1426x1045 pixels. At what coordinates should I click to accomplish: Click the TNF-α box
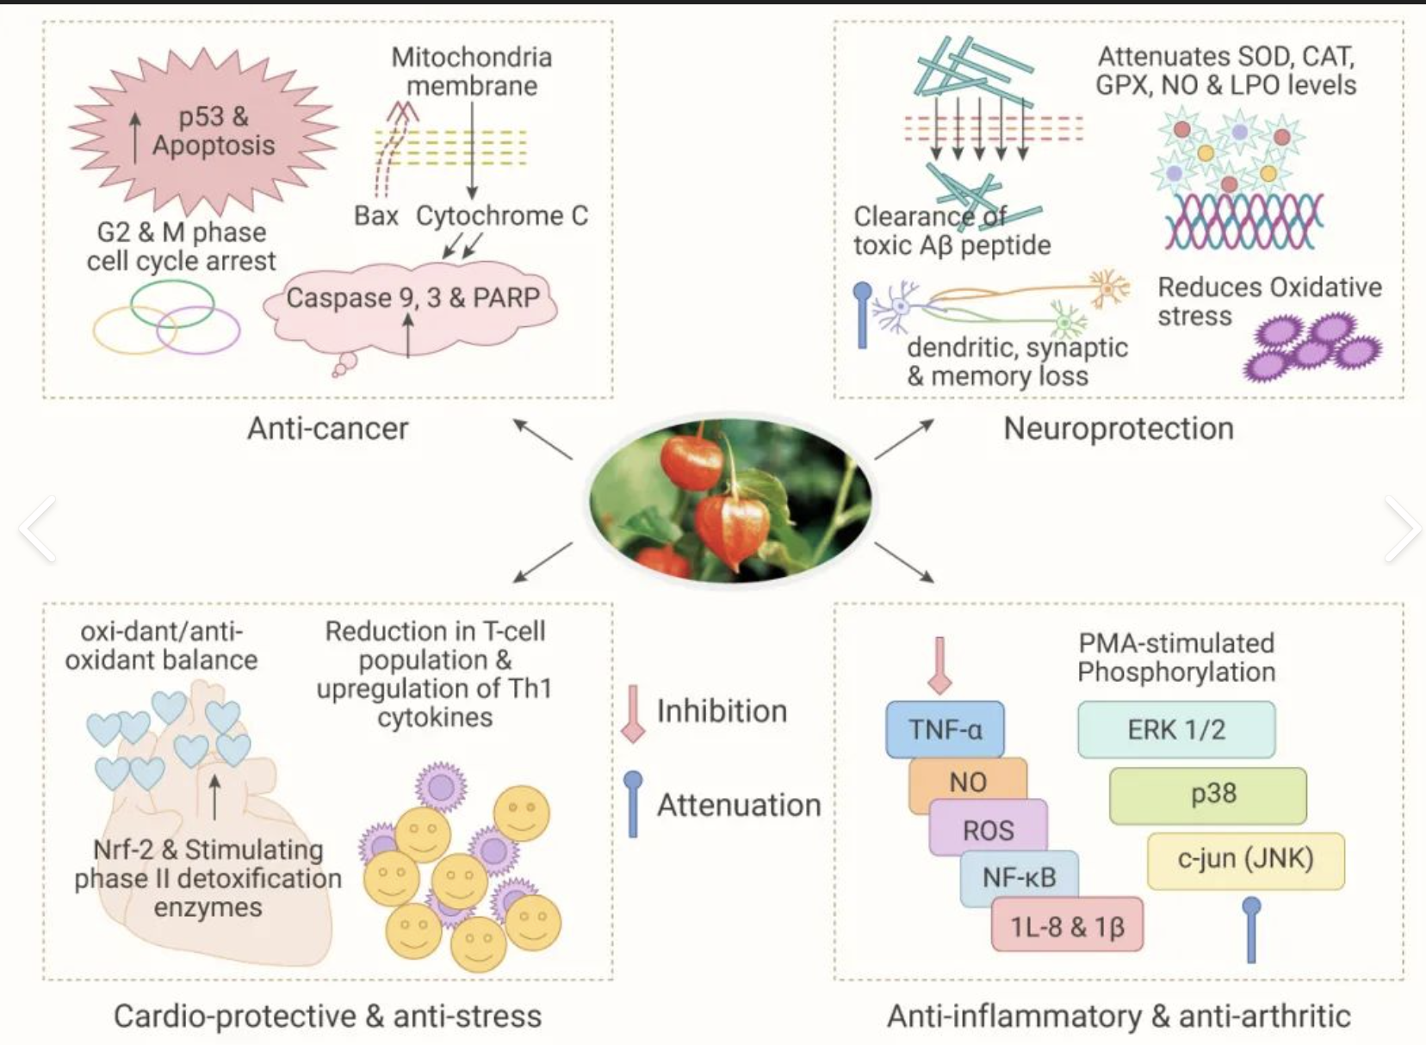pyautogui.click(x=945, y=729)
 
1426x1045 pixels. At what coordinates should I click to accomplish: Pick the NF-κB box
pyautogui.click(x=1019, y=877)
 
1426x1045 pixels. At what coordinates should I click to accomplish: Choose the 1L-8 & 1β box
pyautogui.click(x=1067, y=925)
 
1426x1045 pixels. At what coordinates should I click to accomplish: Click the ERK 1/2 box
pyautogui.click(x=1176, y=729)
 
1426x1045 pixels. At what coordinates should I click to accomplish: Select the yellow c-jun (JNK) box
pyautogui.click(x=1245, y=860)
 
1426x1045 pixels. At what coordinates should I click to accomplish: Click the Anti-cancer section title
pyautogui.click(x=328, y=429)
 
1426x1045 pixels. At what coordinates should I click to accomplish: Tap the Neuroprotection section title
pyautogui.click(x=1119, y=429)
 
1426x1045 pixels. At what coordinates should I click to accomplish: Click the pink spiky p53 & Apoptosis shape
pyautogui.click(x=204, y=131)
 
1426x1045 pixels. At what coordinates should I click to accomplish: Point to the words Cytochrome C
pyautogui.click(x=502, y=215)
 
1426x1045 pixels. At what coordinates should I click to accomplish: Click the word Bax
pyautogui.click(x=376, y=215)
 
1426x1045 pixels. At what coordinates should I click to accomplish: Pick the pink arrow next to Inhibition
pyautogui.click(x=633, y=713)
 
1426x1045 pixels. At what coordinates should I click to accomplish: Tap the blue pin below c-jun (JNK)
pyautogui.click(x=1251, y=930)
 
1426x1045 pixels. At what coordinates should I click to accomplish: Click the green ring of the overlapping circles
pyautogui.click(x=172, y=302)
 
